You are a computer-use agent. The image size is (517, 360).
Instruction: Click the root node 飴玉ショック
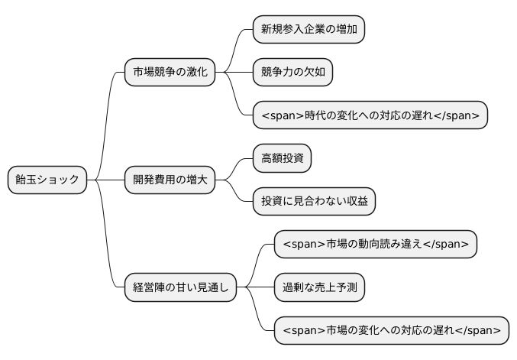(47, 180)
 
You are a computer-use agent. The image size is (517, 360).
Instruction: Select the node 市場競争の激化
(170, 73)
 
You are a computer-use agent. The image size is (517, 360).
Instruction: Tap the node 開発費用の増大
(170, 180)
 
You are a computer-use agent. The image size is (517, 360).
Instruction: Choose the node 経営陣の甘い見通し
(180, 287)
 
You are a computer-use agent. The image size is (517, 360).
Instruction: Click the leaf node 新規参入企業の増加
(309, 30)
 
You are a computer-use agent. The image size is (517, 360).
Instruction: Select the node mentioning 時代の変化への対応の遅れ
(370, 115)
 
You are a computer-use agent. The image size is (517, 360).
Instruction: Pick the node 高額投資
(282, 158)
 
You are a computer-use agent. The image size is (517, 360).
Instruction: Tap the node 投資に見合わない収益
(314, 201)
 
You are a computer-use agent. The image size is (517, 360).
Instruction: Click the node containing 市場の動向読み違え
(375, 245)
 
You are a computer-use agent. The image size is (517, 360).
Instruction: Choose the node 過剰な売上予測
(319, 287)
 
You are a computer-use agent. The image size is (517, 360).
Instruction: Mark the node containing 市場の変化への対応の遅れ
(391, 330)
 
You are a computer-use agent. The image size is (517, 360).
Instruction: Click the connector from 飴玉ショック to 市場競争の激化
(107, 122)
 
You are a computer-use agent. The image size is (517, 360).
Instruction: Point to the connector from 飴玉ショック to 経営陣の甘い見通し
(107, 237)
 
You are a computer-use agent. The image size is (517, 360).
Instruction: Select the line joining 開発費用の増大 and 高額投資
(234, 167)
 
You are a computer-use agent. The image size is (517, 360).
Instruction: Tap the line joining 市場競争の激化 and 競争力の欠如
(234, 73)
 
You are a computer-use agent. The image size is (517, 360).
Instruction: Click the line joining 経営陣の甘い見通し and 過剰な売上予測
(255, 287)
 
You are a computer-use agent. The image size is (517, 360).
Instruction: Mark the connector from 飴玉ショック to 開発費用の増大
(105, 180)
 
